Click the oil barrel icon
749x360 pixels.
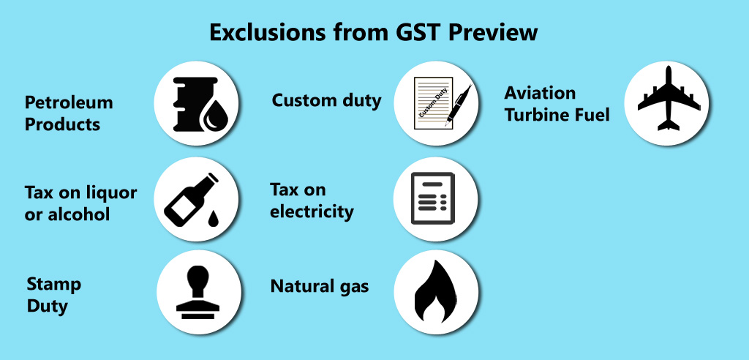click(196, 103)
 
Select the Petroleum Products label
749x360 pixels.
click(69, 113)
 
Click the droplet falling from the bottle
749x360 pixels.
click(213, 219)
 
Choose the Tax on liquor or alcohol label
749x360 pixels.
click(80, 203)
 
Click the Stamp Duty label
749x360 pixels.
click(53, 294)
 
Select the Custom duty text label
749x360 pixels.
click(327, 100)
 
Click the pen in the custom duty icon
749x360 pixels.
click(458, 105)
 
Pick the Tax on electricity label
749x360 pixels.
click(312, 200)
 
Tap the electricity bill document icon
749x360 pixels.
click(433, 198)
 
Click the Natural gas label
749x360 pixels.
click(320, 286)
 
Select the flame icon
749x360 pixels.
click(434, 291)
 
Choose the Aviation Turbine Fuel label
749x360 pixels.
click(557, 104)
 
